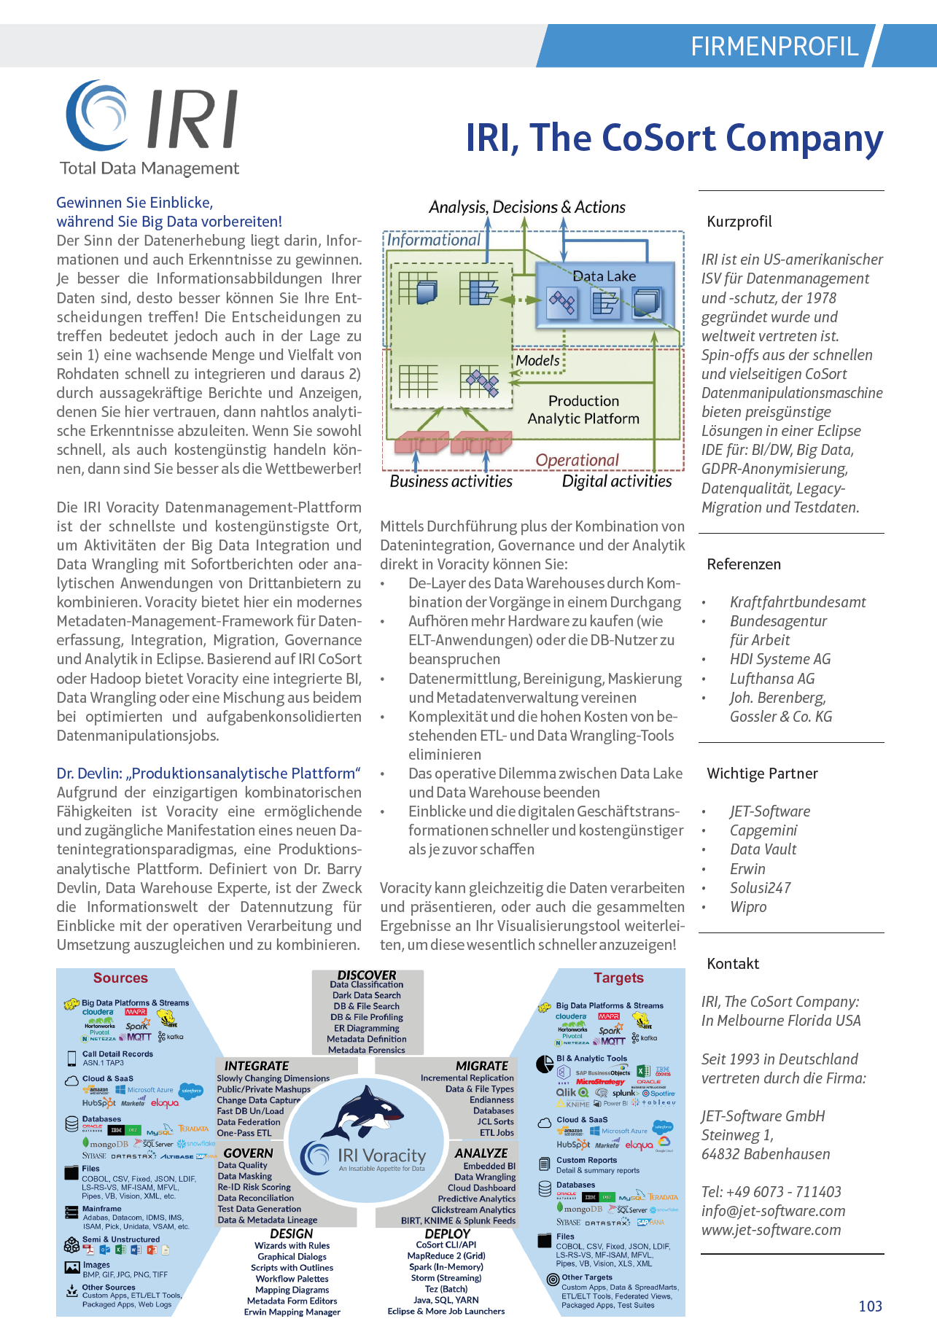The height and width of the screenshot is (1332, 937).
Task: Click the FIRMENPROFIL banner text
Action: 774,47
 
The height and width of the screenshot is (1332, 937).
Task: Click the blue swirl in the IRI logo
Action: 98,114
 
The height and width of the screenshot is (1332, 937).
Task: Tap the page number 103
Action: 870,1306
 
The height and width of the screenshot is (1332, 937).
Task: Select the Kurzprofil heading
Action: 739,222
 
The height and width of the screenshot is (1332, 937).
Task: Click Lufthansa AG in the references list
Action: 772,678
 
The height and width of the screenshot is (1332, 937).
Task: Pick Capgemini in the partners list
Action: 763,830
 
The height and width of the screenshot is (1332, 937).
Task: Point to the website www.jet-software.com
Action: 771,1229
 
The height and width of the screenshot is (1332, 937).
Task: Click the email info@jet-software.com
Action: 773,1210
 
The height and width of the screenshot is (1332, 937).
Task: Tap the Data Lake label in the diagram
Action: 604,276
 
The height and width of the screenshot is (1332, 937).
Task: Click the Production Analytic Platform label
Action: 583,410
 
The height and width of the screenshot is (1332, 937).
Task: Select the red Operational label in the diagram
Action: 577,460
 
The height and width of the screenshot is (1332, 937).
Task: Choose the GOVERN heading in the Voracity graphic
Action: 248,1153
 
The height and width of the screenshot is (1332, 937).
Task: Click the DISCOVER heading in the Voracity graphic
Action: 367,975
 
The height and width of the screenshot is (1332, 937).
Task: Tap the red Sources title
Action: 120,978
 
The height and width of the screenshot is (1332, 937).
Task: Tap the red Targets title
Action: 618,978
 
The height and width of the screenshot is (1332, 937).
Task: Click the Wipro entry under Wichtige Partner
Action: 748,906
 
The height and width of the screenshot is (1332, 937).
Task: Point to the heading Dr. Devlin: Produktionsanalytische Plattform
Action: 209,773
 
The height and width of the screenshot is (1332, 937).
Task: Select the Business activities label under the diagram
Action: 451,481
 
